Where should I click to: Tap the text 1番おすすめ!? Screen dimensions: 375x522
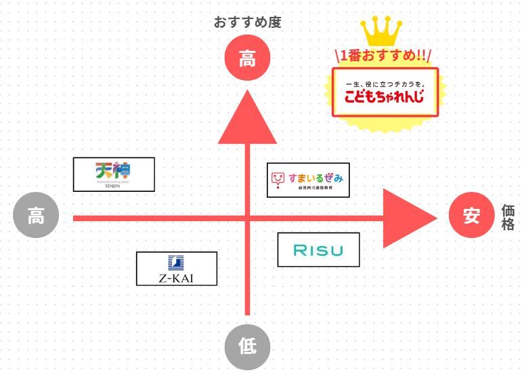(x=383, y=56)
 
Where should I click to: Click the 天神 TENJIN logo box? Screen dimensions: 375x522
(x=114, y=174)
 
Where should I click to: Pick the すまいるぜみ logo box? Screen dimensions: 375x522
(x=308, y=180)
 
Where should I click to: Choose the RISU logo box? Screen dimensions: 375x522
(x=318, y=250)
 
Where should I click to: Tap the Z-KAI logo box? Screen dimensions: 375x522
(x=177, y=269)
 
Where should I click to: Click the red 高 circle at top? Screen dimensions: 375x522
(x=247, y=58)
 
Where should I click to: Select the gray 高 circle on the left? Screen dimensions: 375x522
(x=36, y=218)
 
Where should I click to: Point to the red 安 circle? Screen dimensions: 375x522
(x=471, y=216)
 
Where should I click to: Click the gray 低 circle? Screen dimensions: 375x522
(x=247, y=346)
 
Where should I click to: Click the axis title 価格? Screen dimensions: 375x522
(x=508, y=218)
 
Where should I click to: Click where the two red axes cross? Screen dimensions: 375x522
(x=247, y=218)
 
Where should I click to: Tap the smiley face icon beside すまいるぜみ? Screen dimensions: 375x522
(x=278, y=179)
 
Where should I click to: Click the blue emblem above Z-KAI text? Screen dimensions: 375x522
(x=176, y=262)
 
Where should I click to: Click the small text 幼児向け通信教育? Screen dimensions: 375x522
(x=316, y=191)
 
